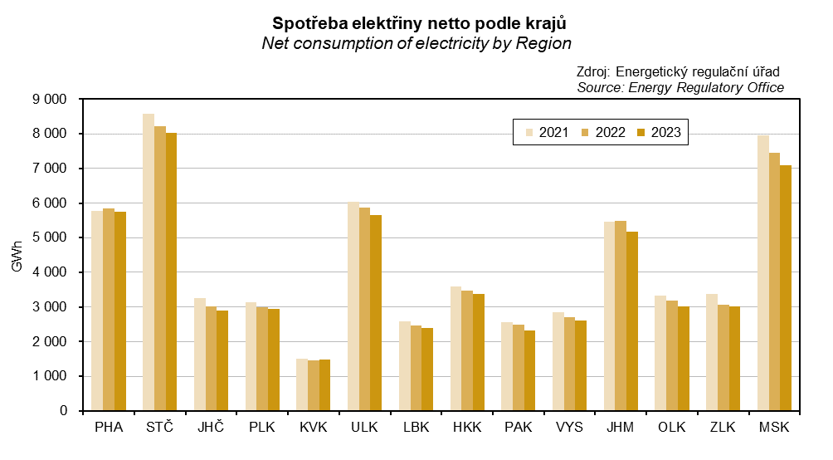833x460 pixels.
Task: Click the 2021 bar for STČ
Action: coord(149,262)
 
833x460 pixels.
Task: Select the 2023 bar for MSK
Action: coord(786,288)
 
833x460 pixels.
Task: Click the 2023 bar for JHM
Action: coord(632,321)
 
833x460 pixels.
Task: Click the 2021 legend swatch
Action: coord(529,133)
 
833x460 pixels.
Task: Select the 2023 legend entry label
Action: coord(666,133)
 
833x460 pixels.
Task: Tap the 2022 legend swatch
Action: coord(585,133)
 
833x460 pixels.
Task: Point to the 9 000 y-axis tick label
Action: coord(51,100)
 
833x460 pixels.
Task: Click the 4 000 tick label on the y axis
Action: coord(51,272)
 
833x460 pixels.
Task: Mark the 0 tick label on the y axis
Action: coord(63,411)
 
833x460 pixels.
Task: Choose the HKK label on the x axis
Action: coord(467,428)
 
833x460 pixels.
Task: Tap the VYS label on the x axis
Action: coord(570,428)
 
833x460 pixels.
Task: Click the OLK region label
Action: coord(672,428)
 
